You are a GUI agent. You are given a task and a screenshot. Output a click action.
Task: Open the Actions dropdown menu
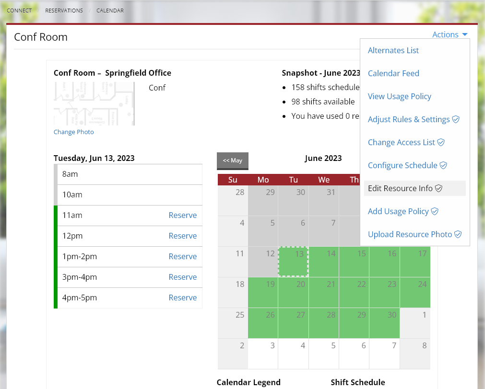click(450, 34)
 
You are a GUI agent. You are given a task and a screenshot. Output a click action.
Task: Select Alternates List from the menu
click(393, 50)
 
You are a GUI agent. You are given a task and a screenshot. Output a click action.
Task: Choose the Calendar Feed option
click(393, 73)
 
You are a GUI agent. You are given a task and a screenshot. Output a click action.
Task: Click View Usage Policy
click(399, 96)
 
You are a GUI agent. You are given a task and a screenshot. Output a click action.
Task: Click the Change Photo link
click(73, 132)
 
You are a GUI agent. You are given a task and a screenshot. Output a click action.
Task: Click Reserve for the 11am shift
click(182, 216)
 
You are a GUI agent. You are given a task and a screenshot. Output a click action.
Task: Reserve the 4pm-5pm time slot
click(182, 298)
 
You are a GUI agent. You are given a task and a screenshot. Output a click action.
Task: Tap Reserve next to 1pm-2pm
click(182, 257)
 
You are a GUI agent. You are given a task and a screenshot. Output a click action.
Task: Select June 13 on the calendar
click(293, 262)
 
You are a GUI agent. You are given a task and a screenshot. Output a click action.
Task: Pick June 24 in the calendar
click(415, 292)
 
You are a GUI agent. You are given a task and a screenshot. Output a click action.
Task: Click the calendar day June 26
click(263, 323)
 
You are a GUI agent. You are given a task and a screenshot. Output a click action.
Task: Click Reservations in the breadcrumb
click(64, 11)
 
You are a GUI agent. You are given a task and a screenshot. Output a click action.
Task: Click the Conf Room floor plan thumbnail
click(94, 103)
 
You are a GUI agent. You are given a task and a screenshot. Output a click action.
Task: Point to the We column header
click(324, 180)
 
